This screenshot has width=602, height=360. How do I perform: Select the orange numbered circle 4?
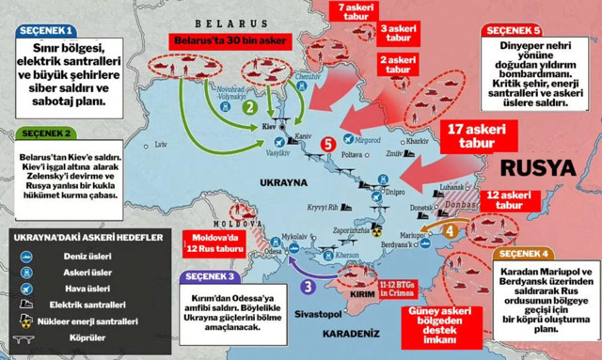[x=451, y=228]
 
